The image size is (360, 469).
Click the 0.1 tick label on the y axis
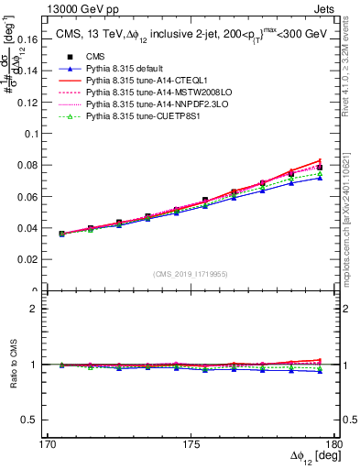click(38, 133)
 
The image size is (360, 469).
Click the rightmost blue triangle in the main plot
click(320, 178)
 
